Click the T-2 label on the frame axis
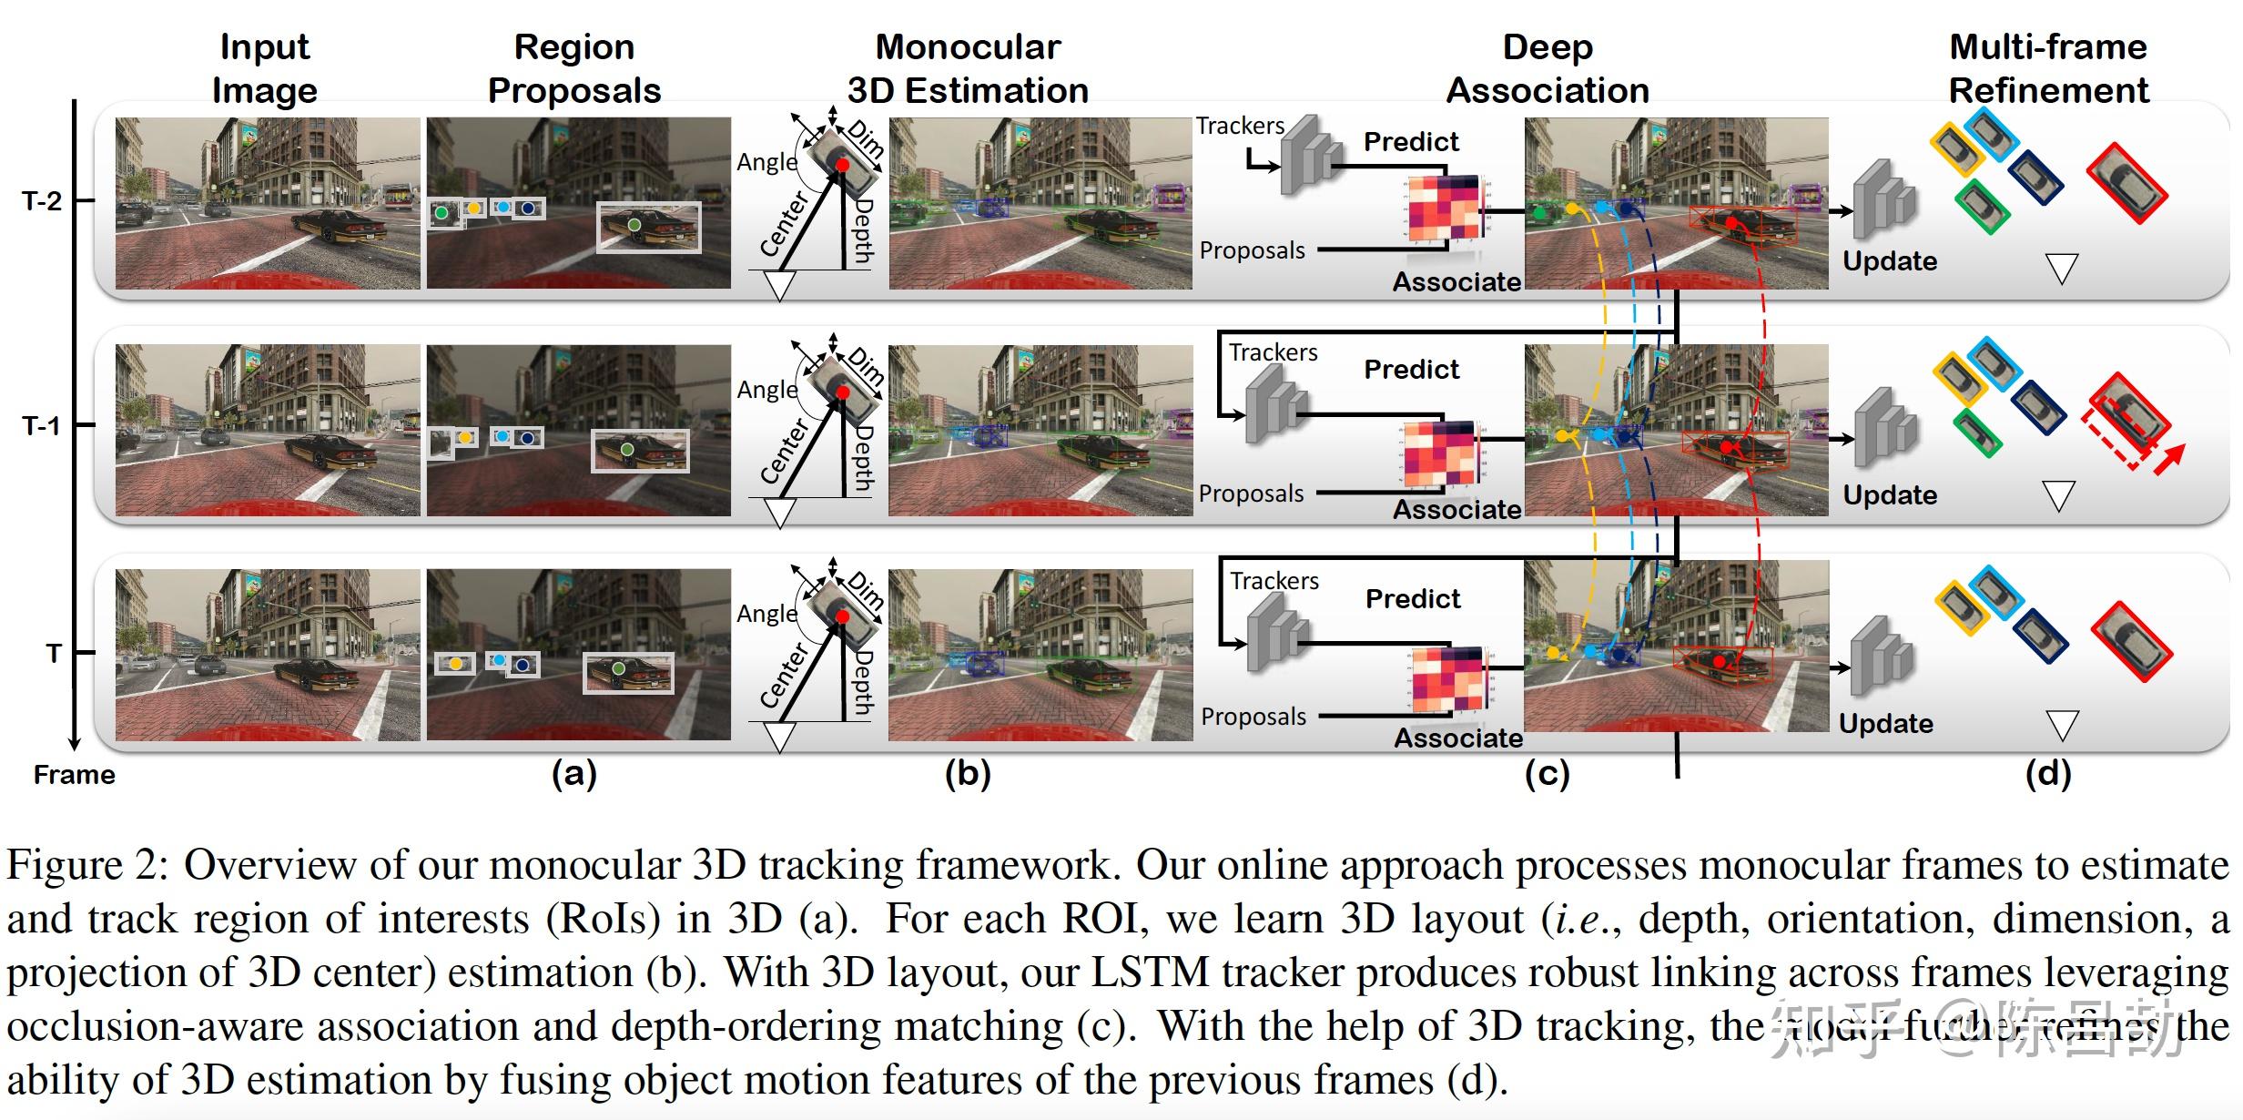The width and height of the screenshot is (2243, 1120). [42, 201]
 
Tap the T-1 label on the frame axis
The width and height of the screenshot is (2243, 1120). [42, 425]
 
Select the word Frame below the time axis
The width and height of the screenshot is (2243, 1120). [74, 775]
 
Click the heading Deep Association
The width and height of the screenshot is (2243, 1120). [1548, 68]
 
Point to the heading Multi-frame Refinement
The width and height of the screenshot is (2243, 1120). [2048, 68]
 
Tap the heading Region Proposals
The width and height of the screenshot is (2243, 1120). [574, 68]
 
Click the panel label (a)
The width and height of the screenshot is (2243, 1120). [574, 774]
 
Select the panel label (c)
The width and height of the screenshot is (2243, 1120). [1548, 774]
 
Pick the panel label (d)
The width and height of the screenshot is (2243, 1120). [2048, 774]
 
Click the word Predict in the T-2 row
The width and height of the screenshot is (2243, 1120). [1411, 142]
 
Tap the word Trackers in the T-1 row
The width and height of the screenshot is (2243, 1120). [1273, 352]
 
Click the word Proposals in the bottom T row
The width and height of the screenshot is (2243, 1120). [1253, 717]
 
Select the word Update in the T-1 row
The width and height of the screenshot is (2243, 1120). [1890, 494]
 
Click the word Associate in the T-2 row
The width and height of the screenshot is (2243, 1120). [1456, 281]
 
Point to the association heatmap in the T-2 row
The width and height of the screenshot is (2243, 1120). [1445, 209]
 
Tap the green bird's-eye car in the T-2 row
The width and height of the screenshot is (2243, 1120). [1982, 207]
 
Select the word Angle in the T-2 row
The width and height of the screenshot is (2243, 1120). [766, 162]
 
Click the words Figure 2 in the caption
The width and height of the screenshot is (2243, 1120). [87, 865]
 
